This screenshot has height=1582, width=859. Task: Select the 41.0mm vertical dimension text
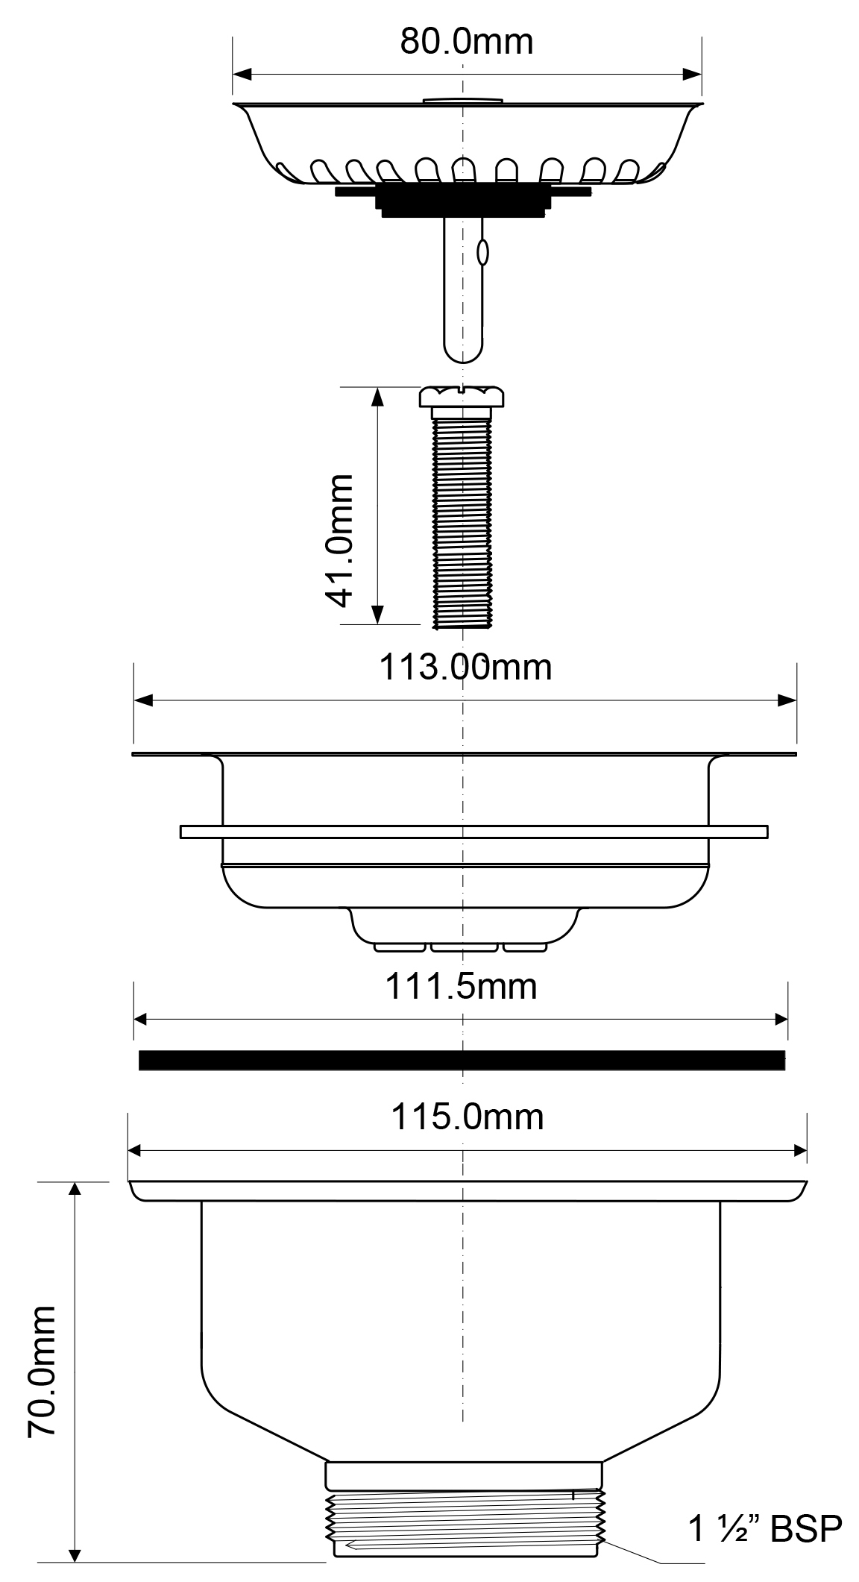point(339,541)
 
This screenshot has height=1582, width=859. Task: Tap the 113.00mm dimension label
point(466,667)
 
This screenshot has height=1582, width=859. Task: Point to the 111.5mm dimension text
point(461,987)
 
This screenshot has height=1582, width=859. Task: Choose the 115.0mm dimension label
point(468,1117)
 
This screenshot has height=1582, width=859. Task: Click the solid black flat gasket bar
point(462,1060)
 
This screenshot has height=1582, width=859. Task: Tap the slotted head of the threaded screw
point(462,396)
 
